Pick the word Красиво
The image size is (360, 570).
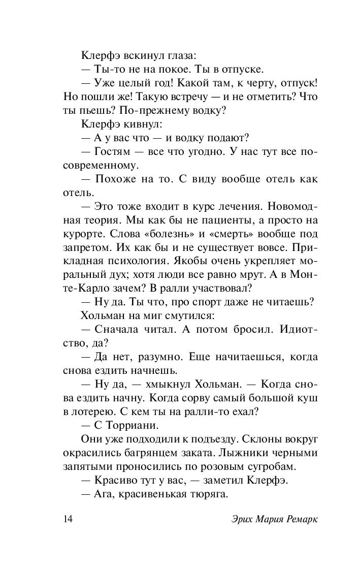(x=115, y=480)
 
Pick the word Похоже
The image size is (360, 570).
(x=116, y=180)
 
